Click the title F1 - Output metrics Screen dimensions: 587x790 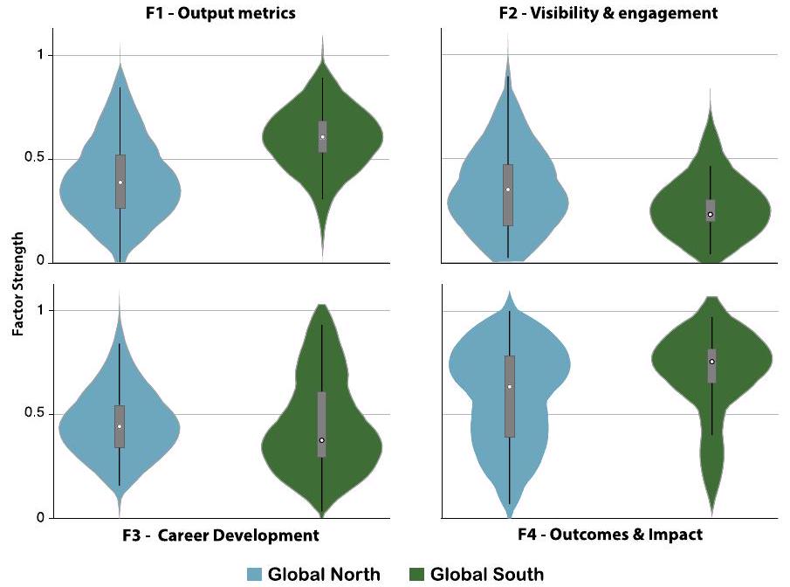[219, 13]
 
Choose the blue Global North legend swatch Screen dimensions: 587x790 [254, 574]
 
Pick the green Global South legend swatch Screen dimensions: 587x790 [416, 574]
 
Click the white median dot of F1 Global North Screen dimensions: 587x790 [120, 182]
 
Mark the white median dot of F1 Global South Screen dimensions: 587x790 [322, 136]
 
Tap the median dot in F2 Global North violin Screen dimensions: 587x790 [508, 190]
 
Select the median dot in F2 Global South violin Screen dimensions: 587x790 [711, 214]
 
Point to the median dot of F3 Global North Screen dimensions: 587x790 [120, 426]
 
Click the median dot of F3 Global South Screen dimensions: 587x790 [322, 440]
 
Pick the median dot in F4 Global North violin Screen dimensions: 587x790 [509, 386]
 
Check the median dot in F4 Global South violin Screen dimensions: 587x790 [711, 362]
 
